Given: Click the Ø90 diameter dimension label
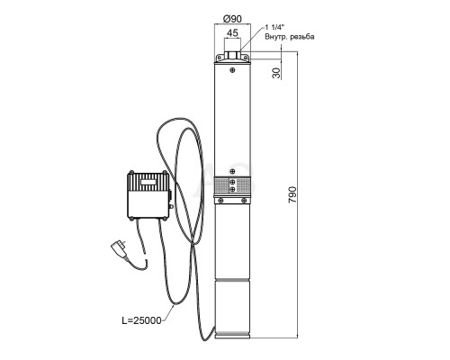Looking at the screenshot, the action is [232, 19].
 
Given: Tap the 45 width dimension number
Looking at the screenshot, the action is [232, 33].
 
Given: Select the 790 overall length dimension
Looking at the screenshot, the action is [292, 195].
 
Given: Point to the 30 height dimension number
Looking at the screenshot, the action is [276, 73].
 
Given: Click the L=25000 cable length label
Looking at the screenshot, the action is [141, 320].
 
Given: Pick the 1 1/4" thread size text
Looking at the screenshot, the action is [274, 28].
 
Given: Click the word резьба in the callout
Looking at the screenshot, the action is [302, 37].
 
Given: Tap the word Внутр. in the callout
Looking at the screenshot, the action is [276, 37].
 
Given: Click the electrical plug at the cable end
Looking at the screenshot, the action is [120, 249].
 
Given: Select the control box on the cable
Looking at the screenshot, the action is [148, 195].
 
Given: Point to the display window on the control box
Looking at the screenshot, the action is [148, 182].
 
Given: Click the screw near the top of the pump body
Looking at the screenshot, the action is [232, 70].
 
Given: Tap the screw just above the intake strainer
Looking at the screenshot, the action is [232, 171].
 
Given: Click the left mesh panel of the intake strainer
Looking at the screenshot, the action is [221, 185].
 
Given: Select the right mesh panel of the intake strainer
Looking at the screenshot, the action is [243, 185].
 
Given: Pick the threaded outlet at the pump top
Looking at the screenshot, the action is [232, 55].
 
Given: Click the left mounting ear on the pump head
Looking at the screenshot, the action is [220, 57].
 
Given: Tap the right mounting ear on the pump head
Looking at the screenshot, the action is [246, 57].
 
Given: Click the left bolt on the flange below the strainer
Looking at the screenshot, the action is [220, 200].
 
